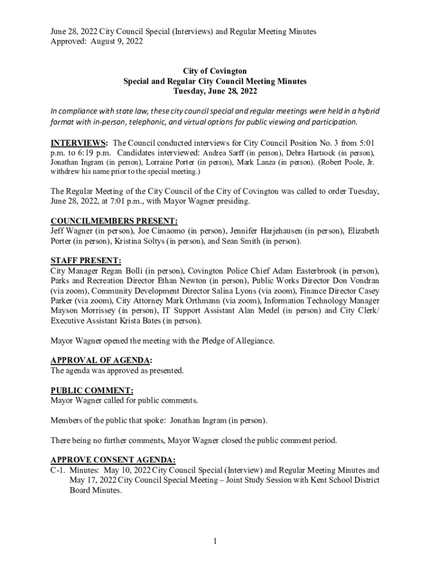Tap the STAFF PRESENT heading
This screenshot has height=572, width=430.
tap(85, 260)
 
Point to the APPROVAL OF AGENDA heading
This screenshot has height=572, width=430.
tap(101, 360)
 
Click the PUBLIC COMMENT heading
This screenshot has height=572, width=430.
tap(92, 390)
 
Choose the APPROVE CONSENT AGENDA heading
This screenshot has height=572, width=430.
tap(113, 460)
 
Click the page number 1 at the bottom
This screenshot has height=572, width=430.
tap(214, 541)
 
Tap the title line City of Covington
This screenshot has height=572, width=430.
tap(215, 71)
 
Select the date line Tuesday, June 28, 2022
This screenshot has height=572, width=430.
tap(215, 91)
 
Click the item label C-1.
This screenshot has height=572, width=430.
tap(58, 470)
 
